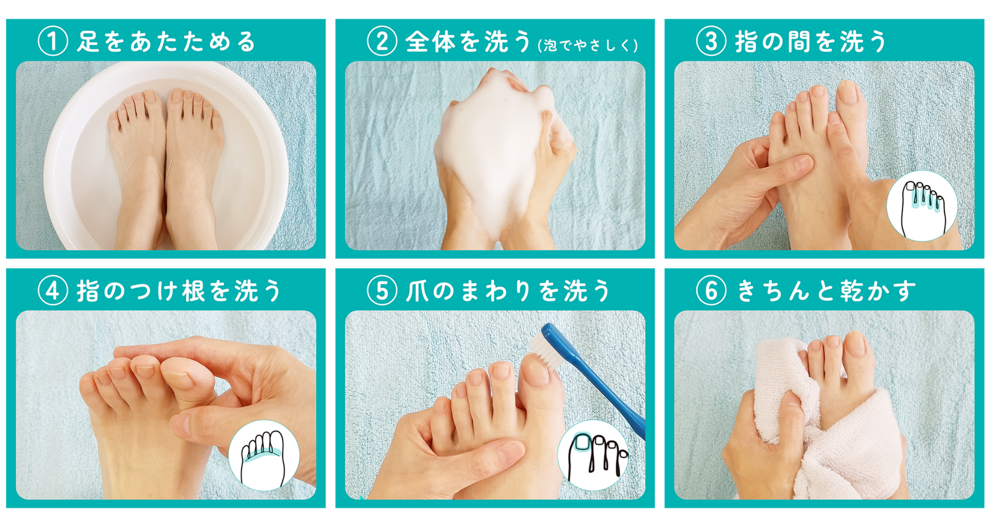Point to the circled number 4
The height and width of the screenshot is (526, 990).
click(53, 291)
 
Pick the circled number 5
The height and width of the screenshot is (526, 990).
click(382, 291)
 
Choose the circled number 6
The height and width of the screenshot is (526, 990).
click(711, 291)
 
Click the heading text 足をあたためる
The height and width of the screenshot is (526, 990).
click(166, 42)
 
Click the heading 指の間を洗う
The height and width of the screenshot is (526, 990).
click(811, 42)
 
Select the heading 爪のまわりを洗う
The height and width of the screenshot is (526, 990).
click(508, 291)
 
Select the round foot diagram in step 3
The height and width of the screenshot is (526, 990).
click(922, 206)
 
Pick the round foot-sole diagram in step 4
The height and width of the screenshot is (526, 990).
click(264, 455)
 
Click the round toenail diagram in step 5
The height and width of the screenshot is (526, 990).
click(593, 455)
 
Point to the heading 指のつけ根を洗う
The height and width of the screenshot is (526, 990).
click(178, 291)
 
